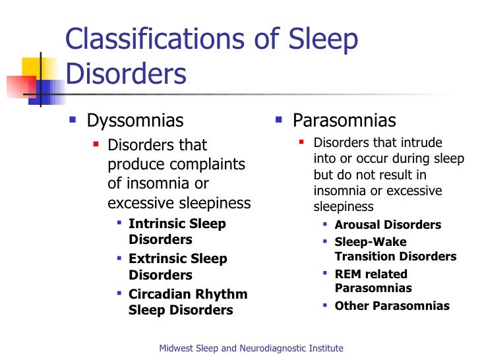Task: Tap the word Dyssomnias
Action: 135,121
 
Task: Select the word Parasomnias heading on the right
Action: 344,121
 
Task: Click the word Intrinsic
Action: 156,224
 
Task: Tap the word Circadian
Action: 160,294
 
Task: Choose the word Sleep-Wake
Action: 371,242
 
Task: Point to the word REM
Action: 349,274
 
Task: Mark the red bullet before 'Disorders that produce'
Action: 96,144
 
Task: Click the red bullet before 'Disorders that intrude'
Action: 301,142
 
